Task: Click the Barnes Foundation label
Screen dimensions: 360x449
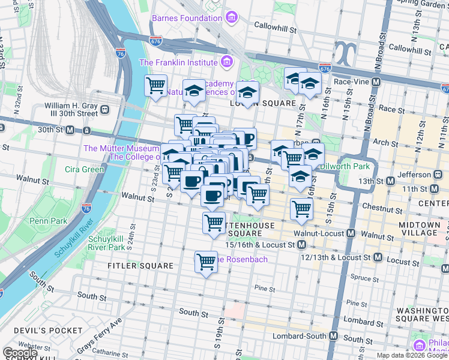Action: pos(187,18)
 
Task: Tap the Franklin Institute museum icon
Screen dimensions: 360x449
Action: pos(226,62)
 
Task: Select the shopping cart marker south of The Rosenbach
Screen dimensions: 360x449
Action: pos(206,262)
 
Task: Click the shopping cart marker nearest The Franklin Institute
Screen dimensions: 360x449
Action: pos(156,86)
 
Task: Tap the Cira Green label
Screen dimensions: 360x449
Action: pos(85,169)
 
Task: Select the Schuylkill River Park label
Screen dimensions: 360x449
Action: pos(106,242)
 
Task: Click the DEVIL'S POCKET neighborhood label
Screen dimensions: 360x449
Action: pos(42,331)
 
